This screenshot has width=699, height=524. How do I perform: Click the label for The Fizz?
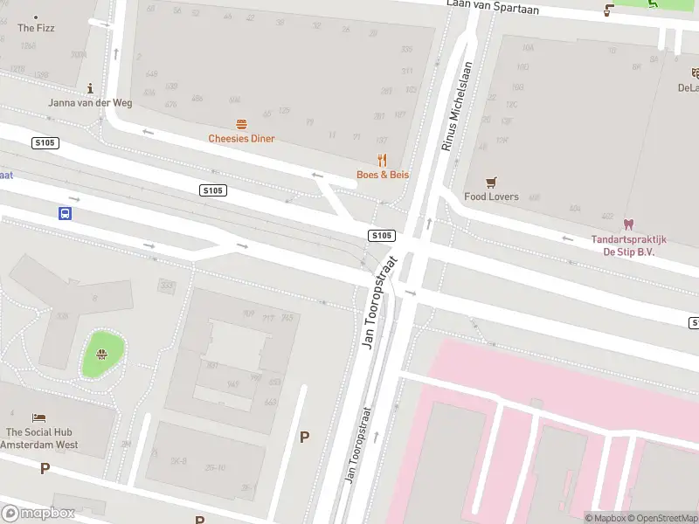click(x=36, y=28)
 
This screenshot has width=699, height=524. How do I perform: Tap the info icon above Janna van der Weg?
click(x=91, y=88)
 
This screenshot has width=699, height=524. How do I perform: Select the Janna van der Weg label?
click(x=91, y=103)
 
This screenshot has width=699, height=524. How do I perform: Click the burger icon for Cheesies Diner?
click(x=241, y=125)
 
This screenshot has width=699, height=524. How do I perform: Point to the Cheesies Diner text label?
click(x=241, y=139)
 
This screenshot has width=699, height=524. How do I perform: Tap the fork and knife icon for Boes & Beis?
click(x=382, y=160)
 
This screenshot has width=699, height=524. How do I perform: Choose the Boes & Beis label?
click(x=382, y=175)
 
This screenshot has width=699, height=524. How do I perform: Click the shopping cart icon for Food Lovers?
click(x=491, y=182)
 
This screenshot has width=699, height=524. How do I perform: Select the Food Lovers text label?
click(x=491, y=196)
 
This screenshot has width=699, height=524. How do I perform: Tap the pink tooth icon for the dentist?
click(x=628, y=224)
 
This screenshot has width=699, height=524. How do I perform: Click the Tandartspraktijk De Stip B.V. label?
click(x=628, y=245)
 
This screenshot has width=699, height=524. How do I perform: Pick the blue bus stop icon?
click(x=65, y=213)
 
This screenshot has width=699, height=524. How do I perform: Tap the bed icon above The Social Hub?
click(x=38, y=418)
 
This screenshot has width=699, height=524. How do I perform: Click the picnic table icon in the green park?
click(x=102, y=354)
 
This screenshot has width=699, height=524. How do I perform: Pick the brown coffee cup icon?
click(x=609, y=10)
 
